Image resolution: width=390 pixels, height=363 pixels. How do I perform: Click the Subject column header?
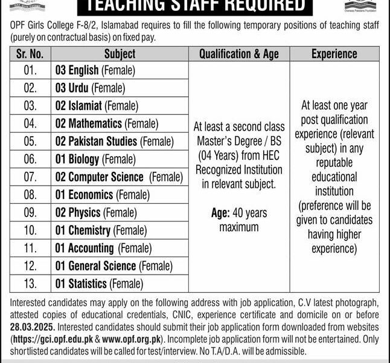pyautogui.click(x=119, y=54)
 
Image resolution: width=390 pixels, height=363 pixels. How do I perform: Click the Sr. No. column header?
pyautogui.click(x=30, y=54)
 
